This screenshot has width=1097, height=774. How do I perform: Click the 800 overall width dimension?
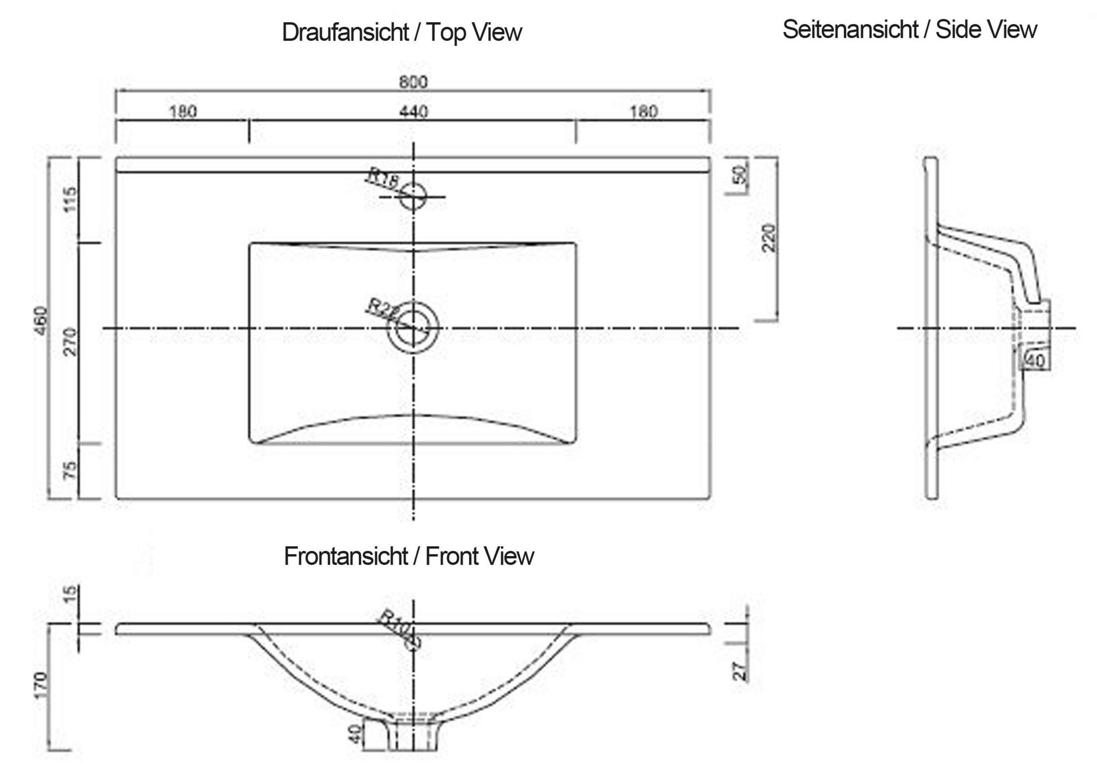(413, 82)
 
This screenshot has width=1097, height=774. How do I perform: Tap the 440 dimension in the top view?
(413, 112)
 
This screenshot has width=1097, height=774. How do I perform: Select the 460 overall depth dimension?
(42, 320)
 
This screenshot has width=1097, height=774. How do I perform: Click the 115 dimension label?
(70, 199)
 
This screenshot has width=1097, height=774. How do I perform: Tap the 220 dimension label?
(769, 238)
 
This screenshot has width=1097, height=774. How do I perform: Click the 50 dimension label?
(740, 174)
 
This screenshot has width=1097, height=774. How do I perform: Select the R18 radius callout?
(382, 178)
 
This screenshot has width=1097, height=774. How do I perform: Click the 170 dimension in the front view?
(41, 684)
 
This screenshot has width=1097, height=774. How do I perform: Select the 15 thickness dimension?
(70, 594)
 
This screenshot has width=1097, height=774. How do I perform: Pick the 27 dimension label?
(740, 671)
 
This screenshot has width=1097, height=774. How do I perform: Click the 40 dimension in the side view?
(1035, 361)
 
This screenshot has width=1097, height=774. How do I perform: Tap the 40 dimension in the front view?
(354, 734)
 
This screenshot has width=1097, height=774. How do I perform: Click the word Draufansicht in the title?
(345, 33)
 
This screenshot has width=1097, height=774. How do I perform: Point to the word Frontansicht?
(346, 556)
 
